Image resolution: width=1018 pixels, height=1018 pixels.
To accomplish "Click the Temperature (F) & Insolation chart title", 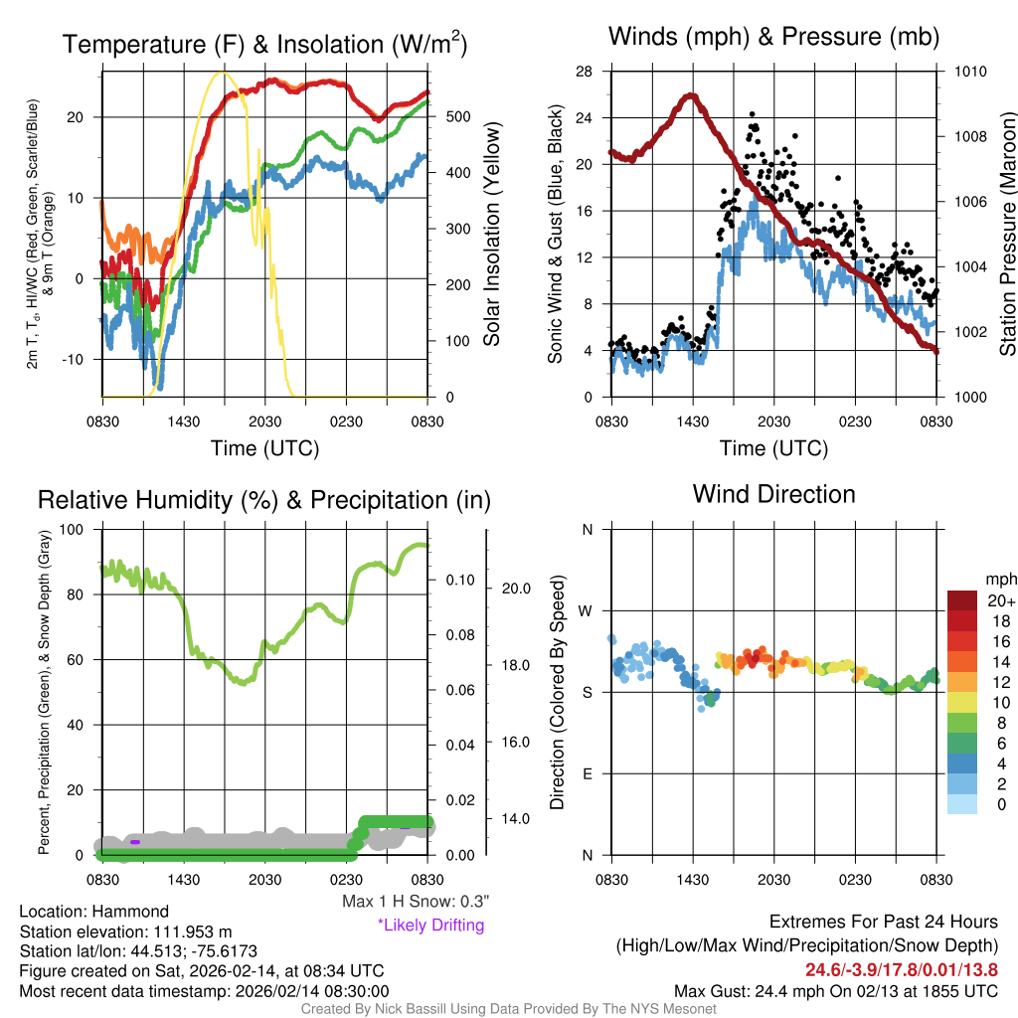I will point(264,44).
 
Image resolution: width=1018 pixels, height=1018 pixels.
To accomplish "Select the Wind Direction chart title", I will point(773,494).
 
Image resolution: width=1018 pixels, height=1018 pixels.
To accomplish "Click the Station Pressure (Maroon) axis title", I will point(1006,235).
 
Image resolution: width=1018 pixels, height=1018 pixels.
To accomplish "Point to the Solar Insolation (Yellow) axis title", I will point(490,235).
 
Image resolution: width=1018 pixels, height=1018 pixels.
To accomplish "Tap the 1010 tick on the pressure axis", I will point(969,72).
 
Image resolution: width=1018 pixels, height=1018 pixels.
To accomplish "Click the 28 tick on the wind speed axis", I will point(585,72).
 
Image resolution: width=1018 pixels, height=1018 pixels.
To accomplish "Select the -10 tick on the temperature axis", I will point(82,359).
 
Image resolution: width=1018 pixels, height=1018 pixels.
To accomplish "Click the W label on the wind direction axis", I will point(587,610).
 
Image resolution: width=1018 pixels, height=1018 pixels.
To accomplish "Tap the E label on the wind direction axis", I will point(587,773).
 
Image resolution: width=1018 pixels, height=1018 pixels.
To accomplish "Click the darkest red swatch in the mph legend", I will point(963,600).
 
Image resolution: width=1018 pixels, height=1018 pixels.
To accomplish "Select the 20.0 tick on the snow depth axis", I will point(514,588).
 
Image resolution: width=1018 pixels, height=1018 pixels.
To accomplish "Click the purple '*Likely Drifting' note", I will point(429,926).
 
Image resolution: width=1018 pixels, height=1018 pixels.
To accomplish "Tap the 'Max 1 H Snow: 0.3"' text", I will point(415,902).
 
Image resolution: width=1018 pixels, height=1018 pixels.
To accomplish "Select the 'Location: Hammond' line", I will point(94,912).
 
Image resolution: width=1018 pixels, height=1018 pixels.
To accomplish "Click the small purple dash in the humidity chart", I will point(135,842).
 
